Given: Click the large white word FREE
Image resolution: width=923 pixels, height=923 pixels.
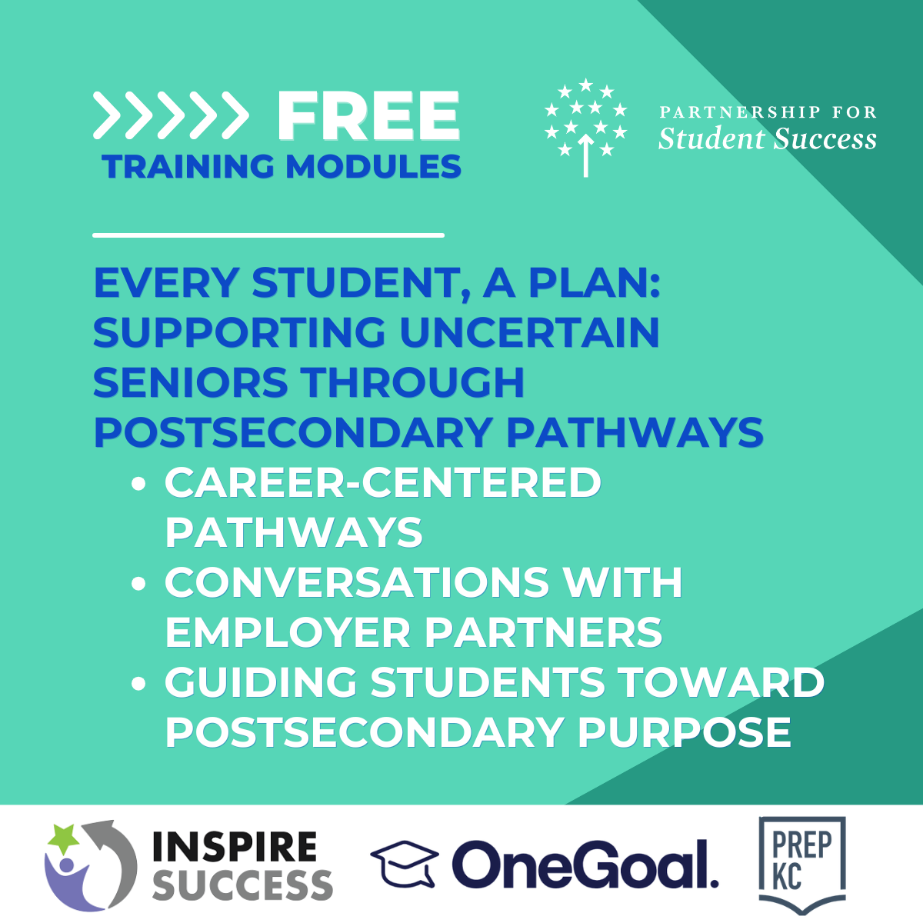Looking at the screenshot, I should [x=368, y=117].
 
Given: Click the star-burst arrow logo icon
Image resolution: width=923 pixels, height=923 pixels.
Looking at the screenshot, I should [x=585, y=127].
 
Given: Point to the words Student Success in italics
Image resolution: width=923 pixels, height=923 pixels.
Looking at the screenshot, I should [x=767, y=138].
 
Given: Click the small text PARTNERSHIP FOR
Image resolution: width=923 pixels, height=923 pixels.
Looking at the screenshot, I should [x=768, y=112].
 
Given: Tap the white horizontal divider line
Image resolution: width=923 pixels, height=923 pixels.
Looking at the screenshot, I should [x=268, y=235].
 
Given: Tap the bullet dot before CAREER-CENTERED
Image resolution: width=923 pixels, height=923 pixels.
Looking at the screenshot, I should [x=139, y=484].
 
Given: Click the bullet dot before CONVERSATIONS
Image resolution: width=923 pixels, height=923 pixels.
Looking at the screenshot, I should [x=139, y=584].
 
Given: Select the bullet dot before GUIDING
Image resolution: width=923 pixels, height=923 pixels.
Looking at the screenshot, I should [x=139, y=683].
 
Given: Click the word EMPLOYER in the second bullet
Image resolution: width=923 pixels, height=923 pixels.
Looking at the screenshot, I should [x=288, y=632].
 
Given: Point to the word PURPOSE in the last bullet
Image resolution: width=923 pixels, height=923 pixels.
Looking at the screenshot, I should [x=684, y=732].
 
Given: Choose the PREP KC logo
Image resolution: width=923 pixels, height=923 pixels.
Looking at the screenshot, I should [x=801, y=865].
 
